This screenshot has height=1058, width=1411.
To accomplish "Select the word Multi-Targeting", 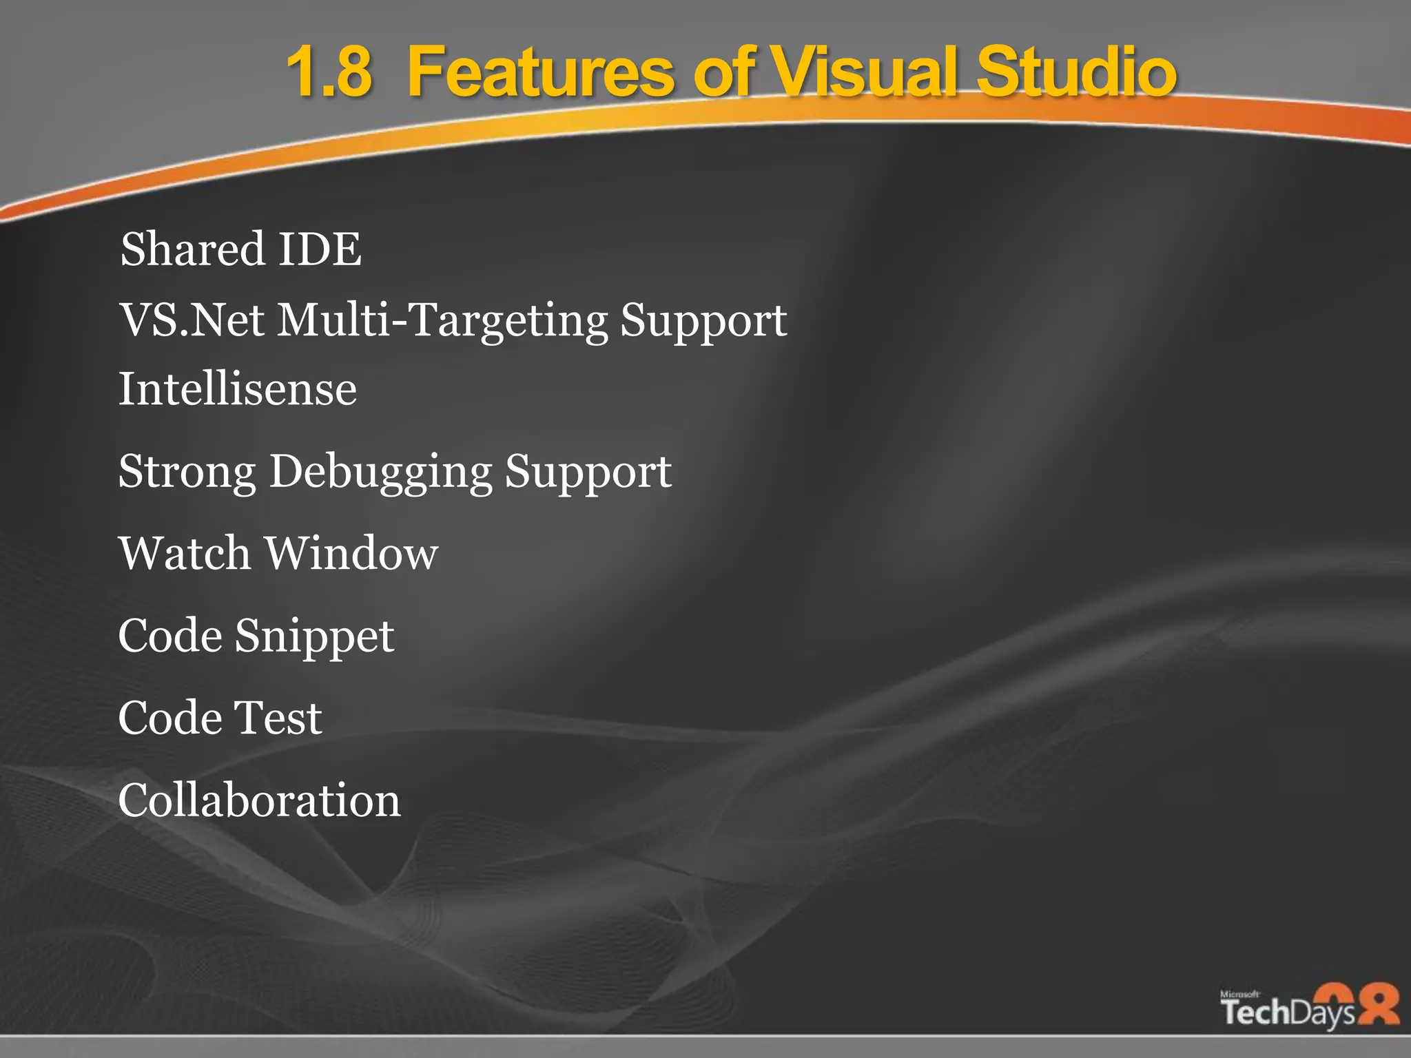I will pyautogui.click(x=442, y=321).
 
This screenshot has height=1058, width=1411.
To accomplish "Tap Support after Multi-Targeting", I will pyautogui.click(x=703, y=321).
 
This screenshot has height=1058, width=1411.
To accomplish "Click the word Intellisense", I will pyautogui.click(x=238, y=389).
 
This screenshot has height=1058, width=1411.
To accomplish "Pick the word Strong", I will pyautogui.click(x=187, y=472).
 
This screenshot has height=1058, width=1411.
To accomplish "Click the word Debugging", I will pyautogui.click(x=380, y=473).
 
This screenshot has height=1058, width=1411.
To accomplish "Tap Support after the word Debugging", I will pyautogui.click(x=588, y=473).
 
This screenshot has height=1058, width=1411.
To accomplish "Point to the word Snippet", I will pyautogui.click(x=314, y=636).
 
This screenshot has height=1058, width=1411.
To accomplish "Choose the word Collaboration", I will pyautogui.click(x=259, y=800).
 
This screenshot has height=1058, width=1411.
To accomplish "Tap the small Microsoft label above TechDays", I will pyautogui.click(x=1239, y=994).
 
